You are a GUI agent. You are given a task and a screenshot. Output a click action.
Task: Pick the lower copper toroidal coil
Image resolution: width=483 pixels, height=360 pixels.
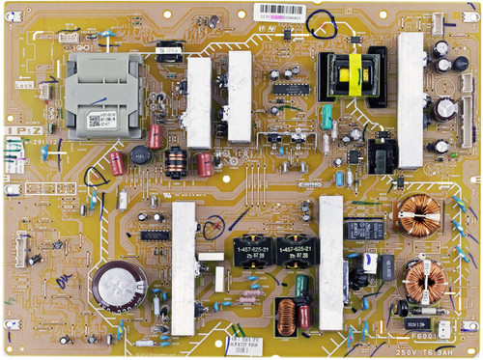coord(422,279)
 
